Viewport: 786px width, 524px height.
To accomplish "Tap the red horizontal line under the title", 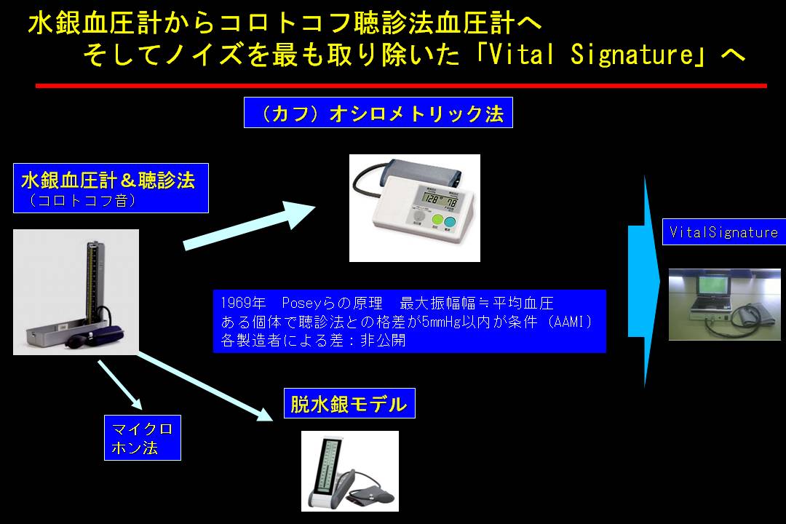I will (x=400, y=86).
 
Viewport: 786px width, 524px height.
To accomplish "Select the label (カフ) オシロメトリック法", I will (x=378, y=113).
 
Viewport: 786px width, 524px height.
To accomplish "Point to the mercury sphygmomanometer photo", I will (x=76, y=292).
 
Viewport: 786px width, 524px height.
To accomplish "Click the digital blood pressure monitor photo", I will (x=414, y=207).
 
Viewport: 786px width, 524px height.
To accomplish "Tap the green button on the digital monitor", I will (x=437, y=221).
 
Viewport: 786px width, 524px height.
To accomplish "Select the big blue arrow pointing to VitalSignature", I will (x=644, y=280).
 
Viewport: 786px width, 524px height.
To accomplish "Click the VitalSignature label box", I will (x=723, y=233).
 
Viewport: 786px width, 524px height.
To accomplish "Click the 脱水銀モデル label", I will (x=349, y=404).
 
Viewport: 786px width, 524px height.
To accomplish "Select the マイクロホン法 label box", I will (x=142, y=437).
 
